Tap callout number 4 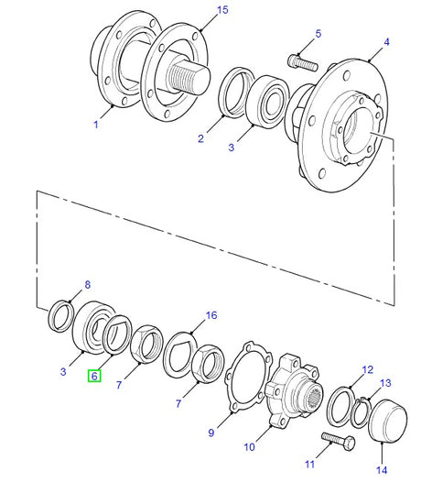coord(386,43)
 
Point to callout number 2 coord(200,139)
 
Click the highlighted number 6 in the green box coord(93,376)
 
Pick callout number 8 coord(88,285)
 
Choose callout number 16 coord(211,315)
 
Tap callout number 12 coord(366,370)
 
